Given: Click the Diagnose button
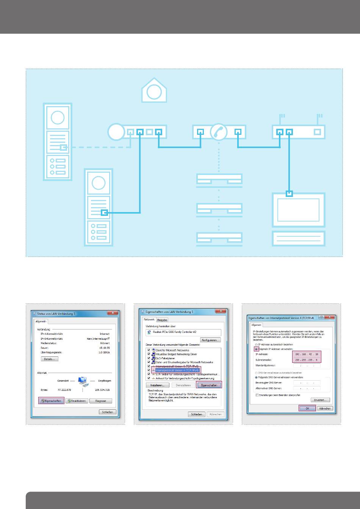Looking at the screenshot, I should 101,401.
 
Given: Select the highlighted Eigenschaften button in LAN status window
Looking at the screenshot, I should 52,401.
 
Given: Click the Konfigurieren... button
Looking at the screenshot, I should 211,340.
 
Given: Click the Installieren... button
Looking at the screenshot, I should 157,385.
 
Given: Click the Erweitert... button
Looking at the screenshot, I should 321,400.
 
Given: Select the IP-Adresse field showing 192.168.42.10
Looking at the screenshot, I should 307,354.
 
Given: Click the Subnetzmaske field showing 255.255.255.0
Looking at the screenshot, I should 307,360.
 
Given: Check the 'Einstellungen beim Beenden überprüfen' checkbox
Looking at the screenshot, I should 257,395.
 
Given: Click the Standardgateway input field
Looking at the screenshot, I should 307,365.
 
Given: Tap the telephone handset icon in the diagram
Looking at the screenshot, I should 219,132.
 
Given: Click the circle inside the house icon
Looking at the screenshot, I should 153,92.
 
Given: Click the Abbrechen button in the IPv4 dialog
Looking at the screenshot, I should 325,408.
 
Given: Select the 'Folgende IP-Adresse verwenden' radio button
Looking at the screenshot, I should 256,348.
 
